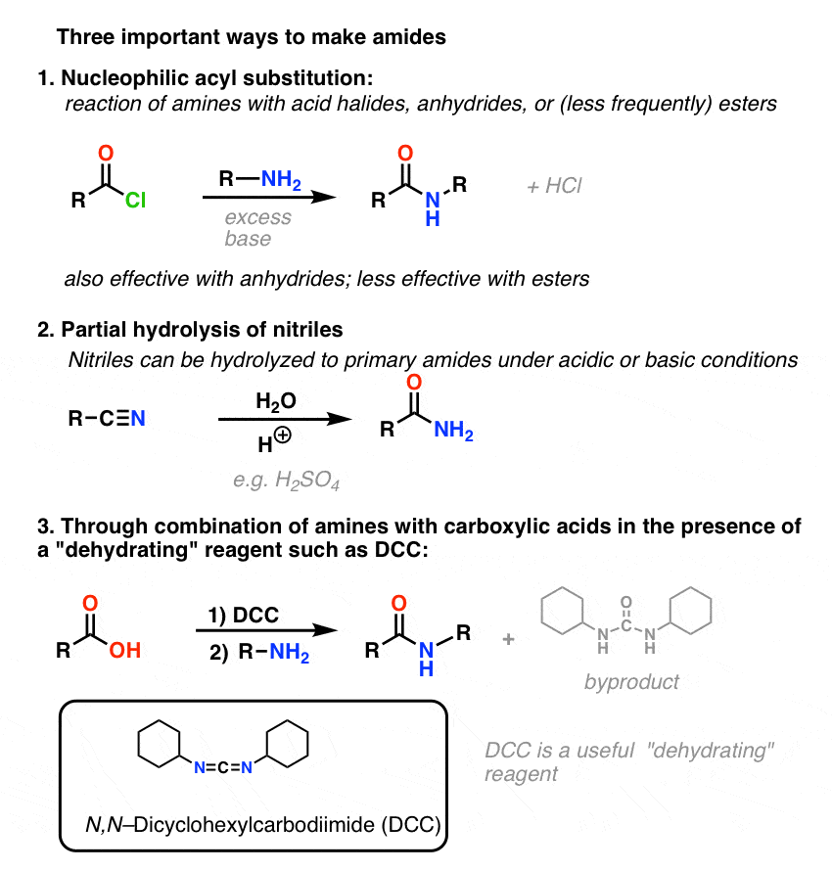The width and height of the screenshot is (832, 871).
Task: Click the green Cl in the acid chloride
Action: click(135, 200)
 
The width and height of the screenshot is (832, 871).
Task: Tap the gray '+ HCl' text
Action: click(554, 186)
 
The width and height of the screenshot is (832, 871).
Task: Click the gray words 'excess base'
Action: click(257, 228)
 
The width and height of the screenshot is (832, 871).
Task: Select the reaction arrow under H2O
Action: click(285, 419)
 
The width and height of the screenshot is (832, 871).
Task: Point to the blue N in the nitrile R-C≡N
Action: click(138, 418)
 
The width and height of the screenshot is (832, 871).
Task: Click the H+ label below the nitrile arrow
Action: click(274, 440)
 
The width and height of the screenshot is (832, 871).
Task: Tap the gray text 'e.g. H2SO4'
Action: click(286, 480)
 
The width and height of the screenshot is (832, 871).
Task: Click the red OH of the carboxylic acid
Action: click(125, 650)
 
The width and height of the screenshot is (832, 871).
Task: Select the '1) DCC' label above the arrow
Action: click(244, 615)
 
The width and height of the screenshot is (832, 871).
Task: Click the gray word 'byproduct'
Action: click(631, 682)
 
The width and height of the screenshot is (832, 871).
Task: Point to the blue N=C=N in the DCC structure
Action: click(223, 767)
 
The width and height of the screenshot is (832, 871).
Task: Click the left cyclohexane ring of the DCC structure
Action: click(160, 744)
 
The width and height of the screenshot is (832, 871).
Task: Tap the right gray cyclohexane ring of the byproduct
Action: click(690, 611)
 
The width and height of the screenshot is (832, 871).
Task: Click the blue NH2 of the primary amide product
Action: click(453, 430)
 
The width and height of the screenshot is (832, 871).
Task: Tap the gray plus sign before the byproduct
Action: click(508, 639)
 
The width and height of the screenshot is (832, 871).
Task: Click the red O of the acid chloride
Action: click(106, 153)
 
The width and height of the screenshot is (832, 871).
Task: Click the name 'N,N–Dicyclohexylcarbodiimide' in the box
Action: click(230, 824)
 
